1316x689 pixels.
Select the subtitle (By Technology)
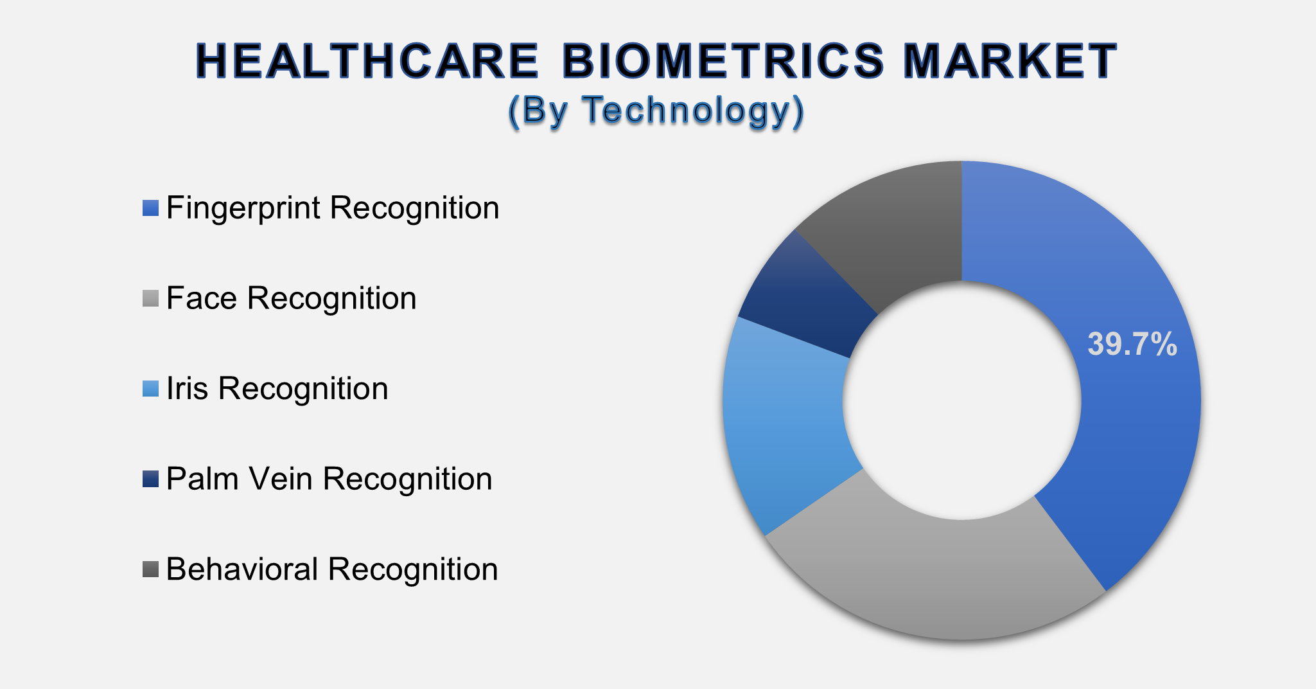tap(656, 111)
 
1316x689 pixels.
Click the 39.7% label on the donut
tap(1132, 344)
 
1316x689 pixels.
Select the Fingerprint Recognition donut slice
tap(1118, 450)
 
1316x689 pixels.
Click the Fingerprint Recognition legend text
tap(332, 208)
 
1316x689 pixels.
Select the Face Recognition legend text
tap(291, 299)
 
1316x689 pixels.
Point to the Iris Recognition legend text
tap(277, 389)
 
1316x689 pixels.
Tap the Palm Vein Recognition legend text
tap(329, 479)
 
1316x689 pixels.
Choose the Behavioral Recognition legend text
tap(331, 569)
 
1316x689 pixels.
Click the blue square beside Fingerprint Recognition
tap(150, 208)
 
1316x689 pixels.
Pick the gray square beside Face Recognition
tap(150, 299)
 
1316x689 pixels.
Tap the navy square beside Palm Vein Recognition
tap(150, 479)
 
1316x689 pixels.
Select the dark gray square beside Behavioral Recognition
tap(150, 569)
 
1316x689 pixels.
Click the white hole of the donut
tap(961, 400)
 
